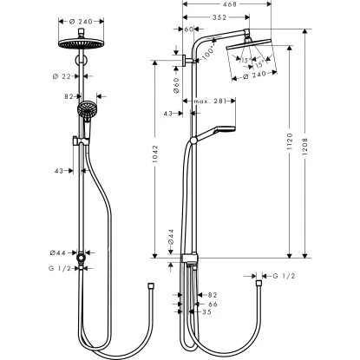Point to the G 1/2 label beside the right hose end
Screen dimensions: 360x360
(x=284, y=277)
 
